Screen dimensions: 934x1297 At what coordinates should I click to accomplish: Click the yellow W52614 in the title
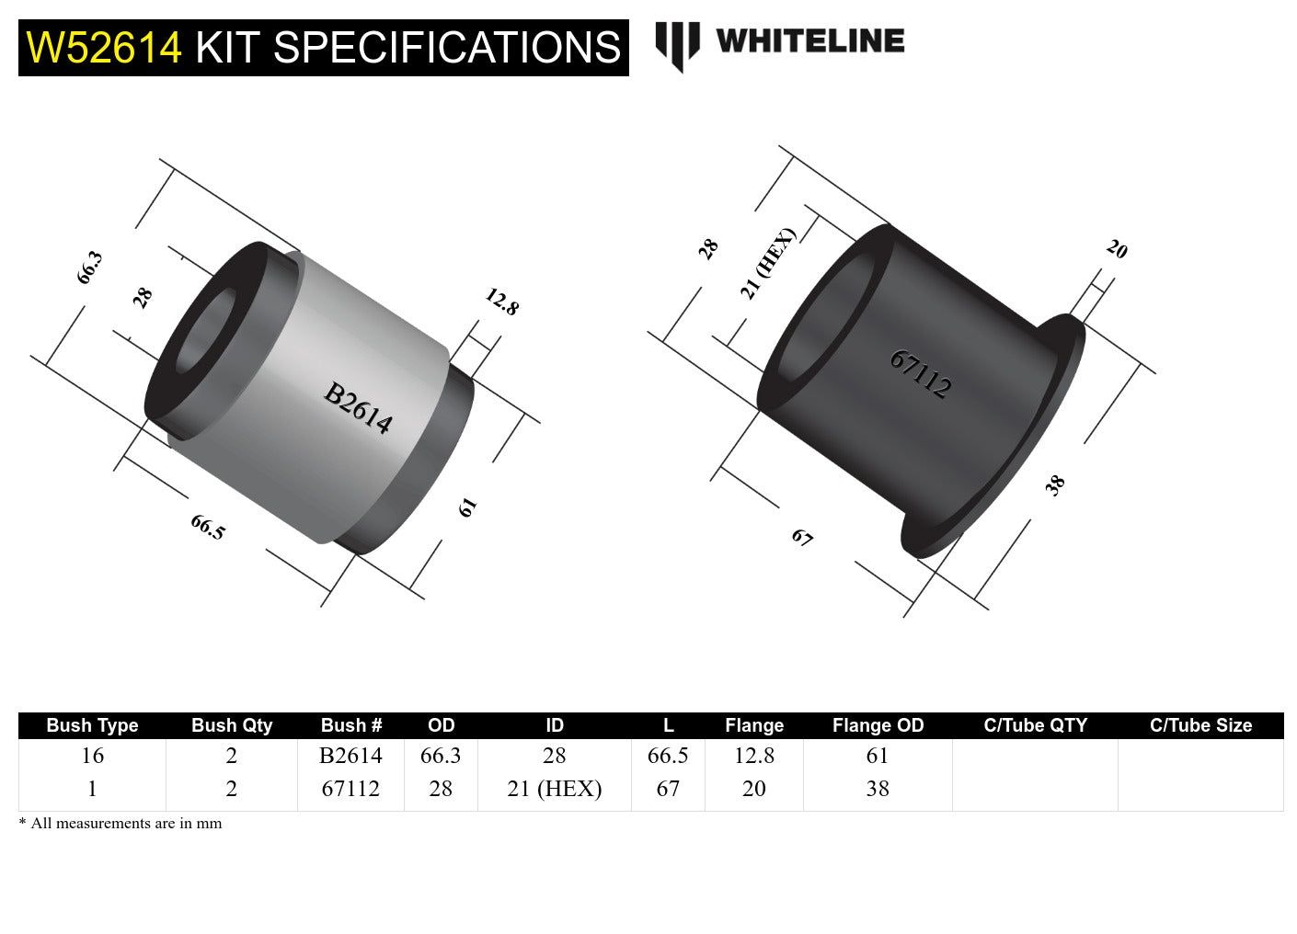(x=104, y=48)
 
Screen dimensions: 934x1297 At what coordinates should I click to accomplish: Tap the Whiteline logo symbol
(x=677, y=46)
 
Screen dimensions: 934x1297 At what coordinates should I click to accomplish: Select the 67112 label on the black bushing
(x=920, y=373)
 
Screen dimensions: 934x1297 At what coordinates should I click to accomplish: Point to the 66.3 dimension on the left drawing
(x=89, y=268)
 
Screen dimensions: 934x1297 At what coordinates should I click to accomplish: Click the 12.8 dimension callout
(x=501, y=302)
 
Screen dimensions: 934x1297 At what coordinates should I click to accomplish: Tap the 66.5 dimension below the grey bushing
(x=208, y=527)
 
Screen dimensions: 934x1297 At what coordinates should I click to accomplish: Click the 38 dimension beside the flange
(x=1055, y=484)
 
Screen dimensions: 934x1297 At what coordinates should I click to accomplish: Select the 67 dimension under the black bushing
(x=802, y=538)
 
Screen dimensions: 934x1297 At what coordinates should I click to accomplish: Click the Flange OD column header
(x=878, y=725)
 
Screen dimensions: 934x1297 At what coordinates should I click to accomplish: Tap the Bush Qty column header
(x=232, y=725)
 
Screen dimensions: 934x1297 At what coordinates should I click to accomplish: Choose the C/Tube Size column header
(x=1200, y=725)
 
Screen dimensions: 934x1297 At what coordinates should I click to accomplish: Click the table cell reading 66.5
(x=668, y=756)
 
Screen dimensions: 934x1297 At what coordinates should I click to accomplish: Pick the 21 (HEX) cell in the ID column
(x=554, y=789)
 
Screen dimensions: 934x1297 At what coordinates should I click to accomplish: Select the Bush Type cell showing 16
(x=92, y=756)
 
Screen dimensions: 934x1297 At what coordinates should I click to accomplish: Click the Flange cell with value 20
(x=753, y=789)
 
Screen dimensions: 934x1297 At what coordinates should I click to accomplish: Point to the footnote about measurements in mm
(x=121, y=823)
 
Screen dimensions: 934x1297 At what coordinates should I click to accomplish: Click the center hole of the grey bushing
(x=204, y=333)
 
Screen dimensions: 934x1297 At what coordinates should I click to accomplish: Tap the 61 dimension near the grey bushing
(x=467, y=507)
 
